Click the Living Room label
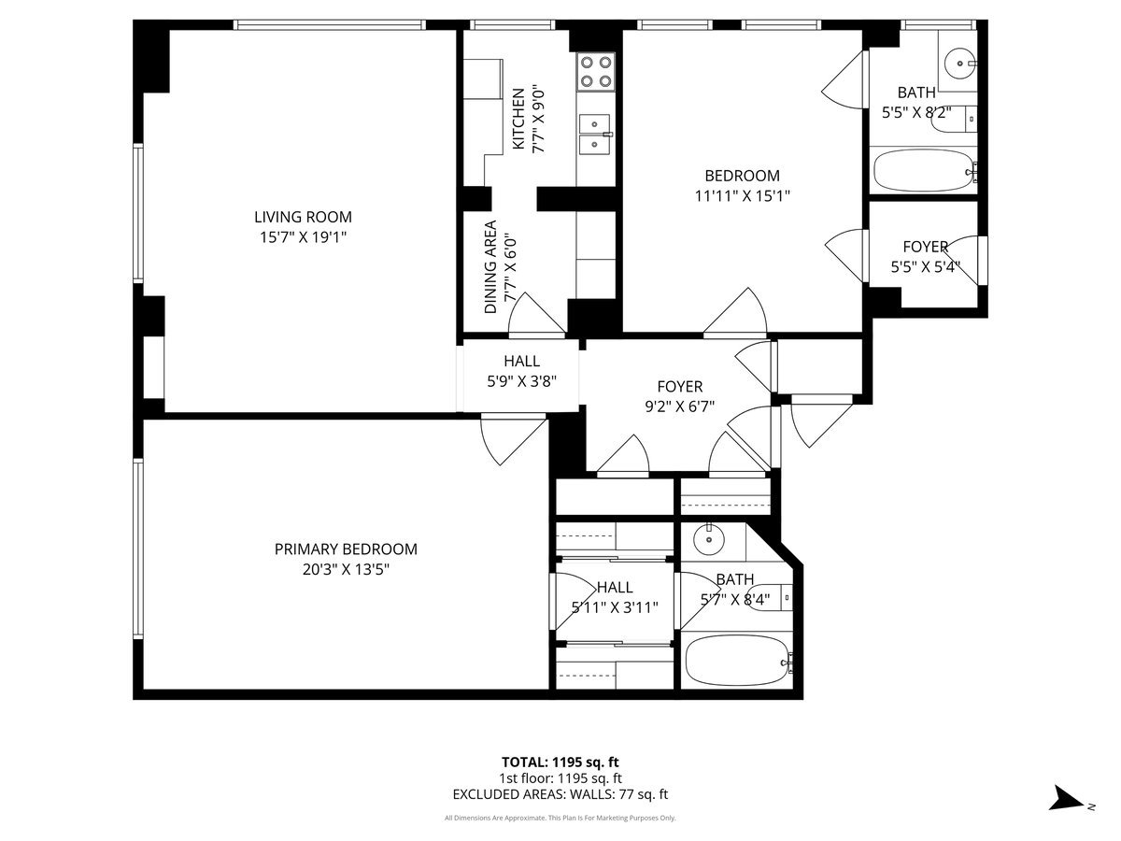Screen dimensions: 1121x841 pos(303,217)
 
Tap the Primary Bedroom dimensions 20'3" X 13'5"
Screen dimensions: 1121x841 pos(346,569)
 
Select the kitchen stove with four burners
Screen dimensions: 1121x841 pos(596,72)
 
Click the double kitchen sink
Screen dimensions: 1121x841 pos(595,134)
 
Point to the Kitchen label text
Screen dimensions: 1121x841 pos(518,119)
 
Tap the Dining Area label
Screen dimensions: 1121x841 pos(490,267)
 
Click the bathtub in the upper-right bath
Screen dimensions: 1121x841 pos(924,170)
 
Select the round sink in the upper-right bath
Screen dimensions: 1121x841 pos(959,64)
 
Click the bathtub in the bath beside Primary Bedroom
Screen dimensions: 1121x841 pos(739,661)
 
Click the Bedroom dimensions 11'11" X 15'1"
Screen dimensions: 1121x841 pos(743,196)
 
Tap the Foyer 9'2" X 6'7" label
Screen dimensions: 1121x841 pos(680,396)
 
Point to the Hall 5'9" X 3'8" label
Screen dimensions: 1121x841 pos(521,371)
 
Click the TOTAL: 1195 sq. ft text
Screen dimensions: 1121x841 pos(560,763)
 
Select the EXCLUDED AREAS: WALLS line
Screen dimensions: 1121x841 pos(560,794)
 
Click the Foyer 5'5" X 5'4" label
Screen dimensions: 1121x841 pos(926,257)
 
